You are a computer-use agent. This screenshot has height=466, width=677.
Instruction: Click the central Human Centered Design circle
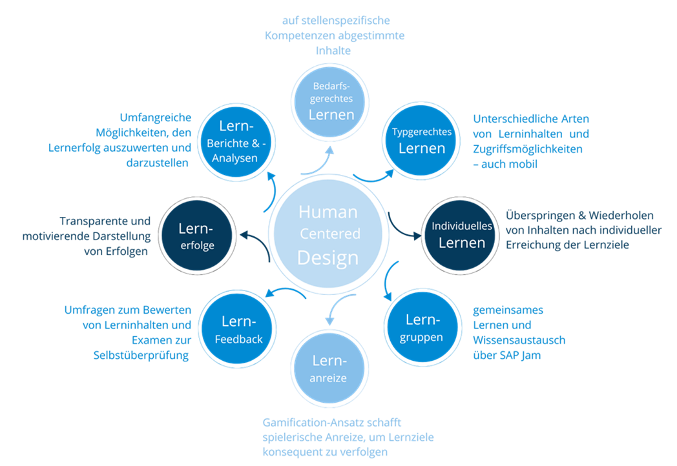(328, 234)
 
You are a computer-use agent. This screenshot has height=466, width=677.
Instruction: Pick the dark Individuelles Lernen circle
(462, 235)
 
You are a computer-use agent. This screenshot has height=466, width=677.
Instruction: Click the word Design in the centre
(328, 258)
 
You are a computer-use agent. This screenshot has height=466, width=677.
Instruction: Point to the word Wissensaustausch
(519, 340)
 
